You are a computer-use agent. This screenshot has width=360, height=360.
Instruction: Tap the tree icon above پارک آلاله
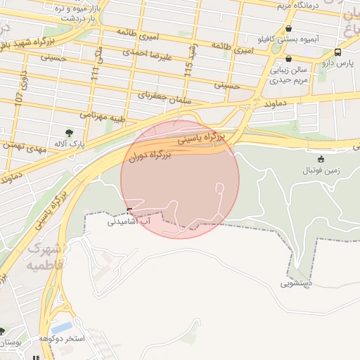(x=69, y=132)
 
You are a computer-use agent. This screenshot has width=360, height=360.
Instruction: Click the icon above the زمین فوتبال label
(x=321, y=159)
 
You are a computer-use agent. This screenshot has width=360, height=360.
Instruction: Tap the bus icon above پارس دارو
(x=338, y=52)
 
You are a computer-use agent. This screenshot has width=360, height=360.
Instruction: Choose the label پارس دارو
(x=338, y=63)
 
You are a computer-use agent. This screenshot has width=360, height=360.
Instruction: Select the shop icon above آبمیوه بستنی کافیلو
(x=289, y=29)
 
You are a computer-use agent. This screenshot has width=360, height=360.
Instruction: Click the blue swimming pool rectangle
(x=61, y=328)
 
